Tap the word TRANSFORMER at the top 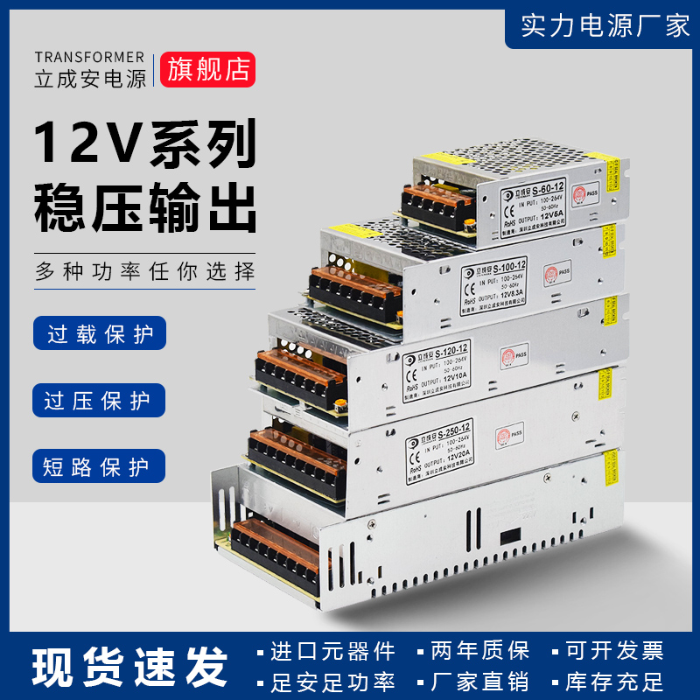pyautogui.click(x=90, y=57)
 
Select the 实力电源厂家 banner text pyautogui.click(x=605, y=25)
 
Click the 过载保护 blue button pyautogui.click(x=98, y=335)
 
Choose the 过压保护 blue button pyautogui.click(x=98, y=401)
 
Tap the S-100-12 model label pyautogui.click(x=508, y=266)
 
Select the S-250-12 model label pyautogui.click(x=449, y=425)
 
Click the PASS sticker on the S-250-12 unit pyautogui.click(x=505, y=434)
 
